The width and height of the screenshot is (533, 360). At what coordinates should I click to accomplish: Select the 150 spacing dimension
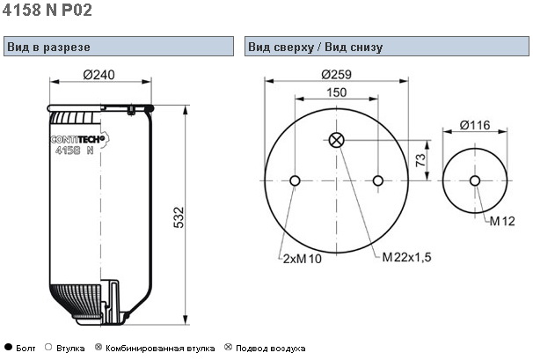click(336, 92)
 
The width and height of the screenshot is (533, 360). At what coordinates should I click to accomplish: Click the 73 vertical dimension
click(420, 160)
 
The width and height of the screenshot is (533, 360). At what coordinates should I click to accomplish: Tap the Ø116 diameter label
click(475, 126)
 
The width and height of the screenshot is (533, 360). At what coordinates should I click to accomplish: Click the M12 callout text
click(502, 220)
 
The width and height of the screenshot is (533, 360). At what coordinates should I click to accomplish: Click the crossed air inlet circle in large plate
click(336, 139)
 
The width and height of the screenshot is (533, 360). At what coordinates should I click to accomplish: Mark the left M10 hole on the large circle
click(295, 181)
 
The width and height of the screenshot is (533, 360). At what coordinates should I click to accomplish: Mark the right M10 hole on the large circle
click(378, 181)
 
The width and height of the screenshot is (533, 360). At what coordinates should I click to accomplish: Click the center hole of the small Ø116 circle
click(475, 181)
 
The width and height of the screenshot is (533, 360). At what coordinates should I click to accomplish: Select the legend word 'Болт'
click(26, 348)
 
